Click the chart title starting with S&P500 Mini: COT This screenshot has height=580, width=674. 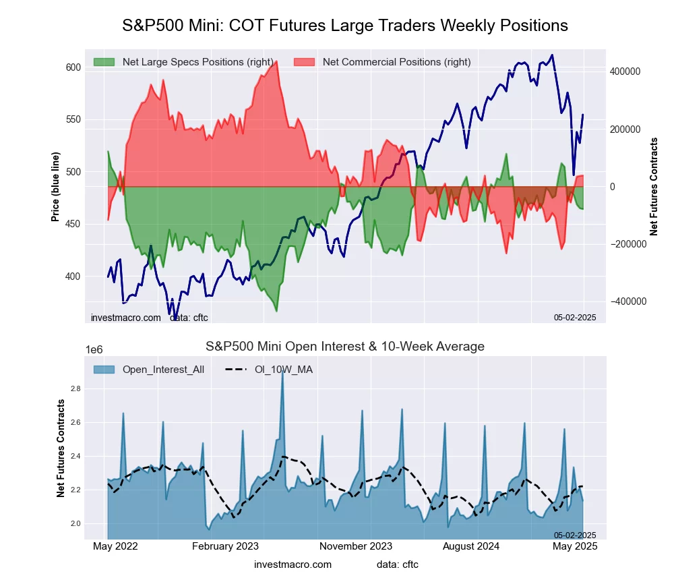344,26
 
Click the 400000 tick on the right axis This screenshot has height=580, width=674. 624,71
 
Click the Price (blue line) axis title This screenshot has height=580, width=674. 55,186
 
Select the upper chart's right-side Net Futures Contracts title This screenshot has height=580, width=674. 654,186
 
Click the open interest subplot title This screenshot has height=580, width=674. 344,347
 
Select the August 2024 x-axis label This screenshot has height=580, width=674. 478,546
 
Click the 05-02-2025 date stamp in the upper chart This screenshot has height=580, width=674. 575,316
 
